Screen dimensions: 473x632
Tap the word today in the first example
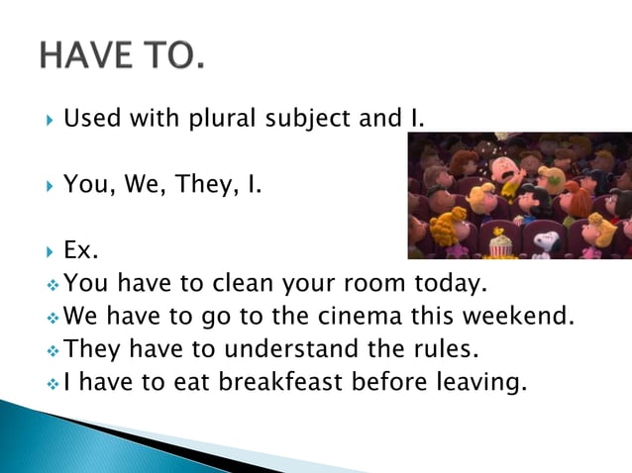[445, 284]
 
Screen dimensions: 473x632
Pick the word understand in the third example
[291, 348]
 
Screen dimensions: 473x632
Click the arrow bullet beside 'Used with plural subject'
[49, 122]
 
